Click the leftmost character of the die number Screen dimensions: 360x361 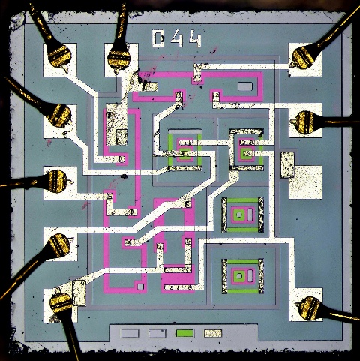tap(158, 39)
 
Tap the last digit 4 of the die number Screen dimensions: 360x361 tap(195, 39)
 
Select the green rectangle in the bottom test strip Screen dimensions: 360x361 tap(184, 333)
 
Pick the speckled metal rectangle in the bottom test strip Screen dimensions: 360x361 tap(213, 333)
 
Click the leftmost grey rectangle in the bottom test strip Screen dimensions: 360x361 tap(130, 333)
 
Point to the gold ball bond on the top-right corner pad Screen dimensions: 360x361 tap(303, 59)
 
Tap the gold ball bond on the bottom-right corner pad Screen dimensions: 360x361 tap(308, 308)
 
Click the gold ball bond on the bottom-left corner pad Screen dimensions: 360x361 tap(61, 302)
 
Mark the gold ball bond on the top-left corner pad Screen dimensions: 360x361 tap(59, 56)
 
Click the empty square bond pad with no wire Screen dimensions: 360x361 tap(305, 182)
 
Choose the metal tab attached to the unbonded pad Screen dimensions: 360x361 tap(287, 165)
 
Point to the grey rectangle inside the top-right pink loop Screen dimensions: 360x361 tap(245, 86)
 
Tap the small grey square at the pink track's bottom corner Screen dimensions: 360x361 tap(141, 287)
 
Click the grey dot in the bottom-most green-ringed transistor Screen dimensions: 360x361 tap(239, 276)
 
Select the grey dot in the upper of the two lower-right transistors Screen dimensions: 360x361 tap(239, 215)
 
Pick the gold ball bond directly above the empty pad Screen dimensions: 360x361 tap(304, 122)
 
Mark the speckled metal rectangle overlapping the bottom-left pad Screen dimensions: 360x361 tap(79, 293)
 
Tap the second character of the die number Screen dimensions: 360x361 tap(177, 39)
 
